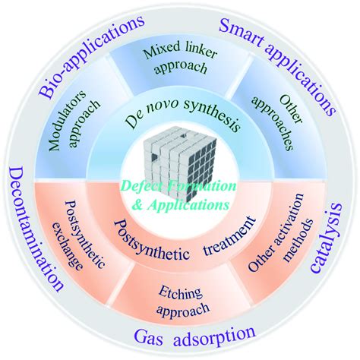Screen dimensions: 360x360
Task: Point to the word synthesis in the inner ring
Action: [x=212, y=115]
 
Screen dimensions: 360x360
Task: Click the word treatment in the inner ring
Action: [x=229, y=237]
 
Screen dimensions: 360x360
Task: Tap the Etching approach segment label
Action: [x=182, y=302]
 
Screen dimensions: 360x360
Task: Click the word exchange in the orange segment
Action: [x=66, y=247]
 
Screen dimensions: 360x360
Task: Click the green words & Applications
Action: [x=181, y=204]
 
